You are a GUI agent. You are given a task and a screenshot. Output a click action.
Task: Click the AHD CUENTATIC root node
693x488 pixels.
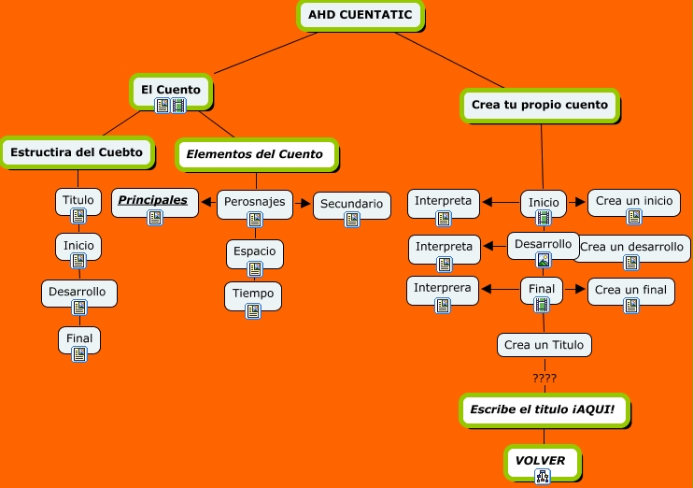[x=360, y=15]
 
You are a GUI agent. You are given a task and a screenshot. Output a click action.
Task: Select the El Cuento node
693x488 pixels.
[x=171, y=90]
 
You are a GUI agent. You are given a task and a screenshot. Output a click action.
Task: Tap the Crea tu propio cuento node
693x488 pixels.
[x=540, y=105]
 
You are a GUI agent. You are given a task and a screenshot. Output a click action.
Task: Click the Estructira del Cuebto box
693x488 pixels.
[x=77, y=152]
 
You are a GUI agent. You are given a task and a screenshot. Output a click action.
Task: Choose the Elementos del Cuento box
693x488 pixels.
[x=255, y=154]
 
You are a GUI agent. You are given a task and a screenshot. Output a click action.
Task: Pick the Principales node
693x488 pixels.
[x=153, y=200]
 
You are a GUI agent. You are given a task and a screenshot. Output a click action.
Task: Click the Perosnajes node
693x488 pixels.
[x=255, y=202]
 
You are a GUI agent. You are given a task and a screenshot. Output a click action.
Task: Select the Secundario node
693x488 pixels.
[x=351, y=203]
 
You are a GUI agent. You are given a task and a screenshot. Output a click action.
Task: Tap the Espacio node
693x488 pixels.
[x=255, y=251]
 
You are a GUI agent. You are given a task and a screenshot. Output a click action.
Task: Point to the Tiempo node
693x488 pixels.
[x=253, y=294]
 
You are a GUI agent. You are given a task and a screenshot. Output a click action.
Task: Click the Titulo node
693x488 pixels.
[x=78, y=200]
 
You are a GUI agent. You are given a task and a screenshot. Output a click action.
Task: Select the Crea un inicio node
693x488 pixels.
[x=633, y=201]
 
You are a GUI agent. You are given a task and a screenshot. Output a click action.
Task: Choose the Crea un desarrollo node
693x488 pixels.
[x=632, y=247]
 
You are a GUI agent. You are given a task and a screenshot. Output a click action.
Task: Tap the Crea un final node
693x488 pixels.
[x=630, y=290]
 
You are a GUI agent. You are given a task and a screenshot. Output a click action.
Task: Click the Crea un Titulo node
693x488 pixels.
[x=544, y=345]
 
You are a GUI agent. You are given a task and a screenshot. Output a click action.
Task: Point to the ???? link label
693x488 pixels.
[x=544, y=379]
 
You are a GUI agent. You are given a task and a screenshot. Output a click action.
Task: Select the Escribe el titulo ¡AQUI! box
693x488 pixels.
[x=548, y=409]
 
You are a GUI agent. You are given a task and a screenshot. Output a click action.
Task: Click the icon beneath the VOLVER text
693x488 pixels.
[x=543, y=477]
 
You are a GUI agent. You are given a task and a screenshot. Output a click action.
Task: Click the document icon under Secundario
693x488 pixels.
[x=352, y=220]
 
